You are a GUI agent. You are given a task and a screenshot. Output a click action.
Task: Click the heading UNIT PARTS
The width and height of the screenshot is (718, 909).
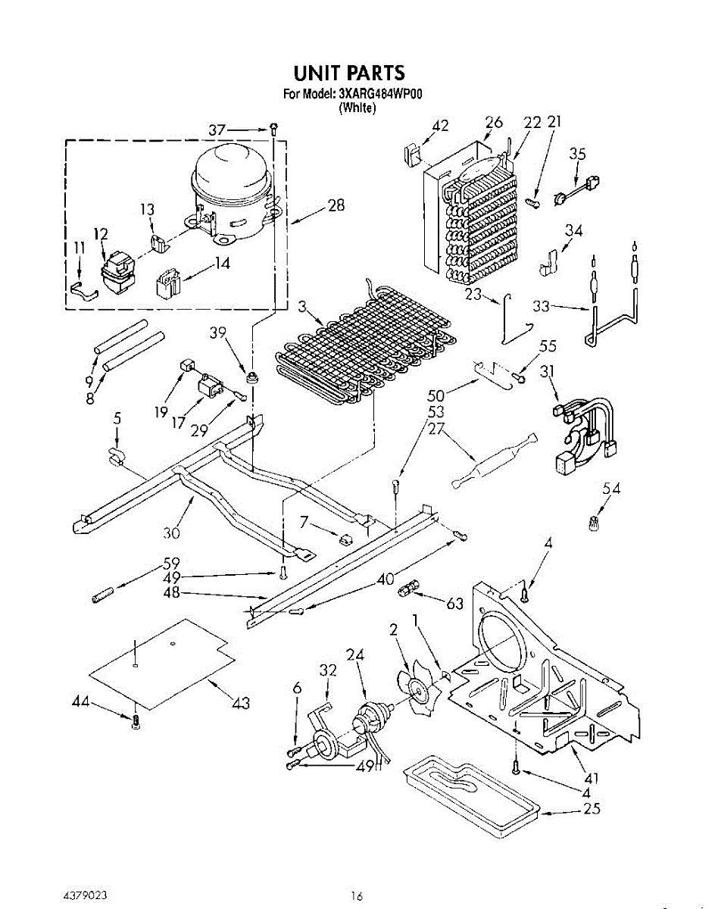(349, 73)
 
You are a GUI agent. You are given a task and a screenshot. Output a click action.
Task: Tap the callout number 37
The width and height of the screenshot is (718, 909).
(217, 130)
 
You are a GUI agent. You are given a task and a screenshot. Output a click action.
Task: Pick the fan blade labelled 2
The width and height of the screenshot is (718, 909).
(417, 686)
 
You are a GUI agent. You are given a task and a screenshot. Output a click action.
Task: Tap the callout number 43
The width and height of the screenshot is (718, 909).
(241, 704)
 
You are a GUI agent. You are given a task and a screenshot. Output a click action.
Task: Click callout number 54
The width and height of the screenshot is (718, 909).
(611, 489)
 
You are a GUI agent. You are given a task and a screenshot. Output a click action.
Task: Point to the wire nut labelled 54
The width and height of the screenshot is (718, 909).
(595, 522)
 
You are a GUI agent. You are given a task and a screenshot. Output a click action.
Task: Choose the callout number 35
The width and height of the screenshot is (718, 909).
(578, 154)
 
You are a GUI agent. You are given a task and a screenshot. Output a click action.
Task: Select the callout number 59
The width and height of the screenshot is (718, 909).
(172, 564)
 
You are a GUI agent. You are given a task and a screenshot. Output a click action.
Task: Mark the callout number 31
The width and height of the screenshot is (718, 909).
(547, 372)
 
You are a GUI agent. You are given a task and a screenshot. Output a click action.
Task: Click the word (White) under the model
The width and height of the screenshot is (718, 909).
(357, 108)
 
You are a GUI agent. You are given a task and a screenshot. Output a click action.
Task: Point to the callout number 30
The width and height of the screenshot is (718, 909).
(171, 533)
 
